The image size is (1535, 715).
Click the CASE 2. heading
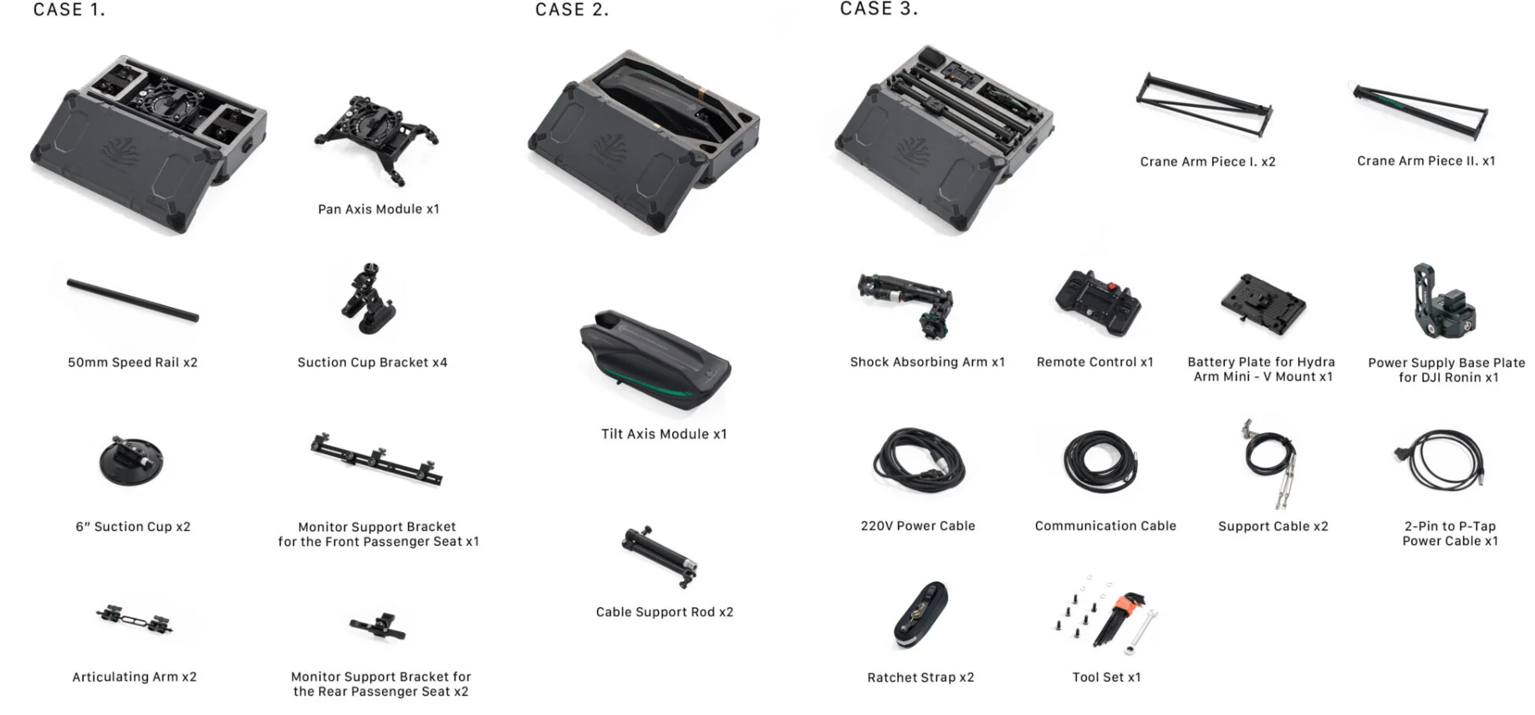(x=572, y=10)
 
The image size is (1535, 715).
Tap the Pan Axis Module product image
(x=376, y=139)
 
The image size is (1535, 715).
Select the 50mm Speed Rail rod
(x=133, y=300)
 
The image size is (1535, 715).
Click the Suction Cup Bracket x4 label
(x=372, y=362)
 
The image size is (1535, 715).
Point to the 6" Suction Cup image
(x=131, y=460)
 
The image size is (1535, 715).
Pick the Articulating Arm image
(x=134, y=620)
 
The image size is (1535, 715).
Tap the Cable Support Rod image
(x=660, y=556)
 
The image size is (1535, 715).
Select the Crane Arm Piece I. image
(x=1204, y=105)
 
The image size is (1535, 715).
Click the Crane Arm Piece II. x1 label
(x=1426, y=161)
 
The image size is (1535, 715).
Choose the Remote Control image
(x=1098, y=303)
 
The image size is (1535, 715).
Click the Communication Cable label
(x=1105, y=526)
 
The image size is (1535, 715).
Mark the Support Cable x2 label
(x=1273, y=526)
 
